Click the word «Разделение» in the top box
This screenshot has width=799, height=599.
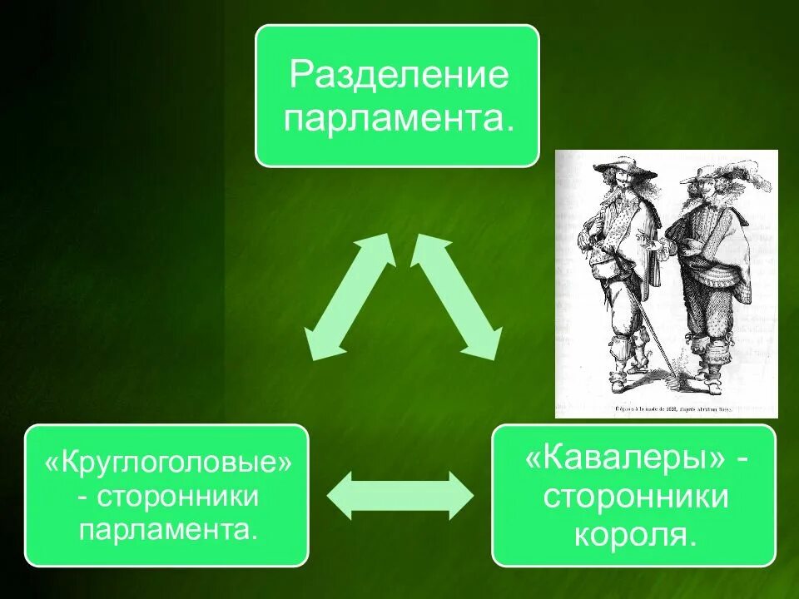tap(397, 77)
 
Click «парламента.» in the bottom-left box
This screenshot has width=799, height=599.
tap(167, 530)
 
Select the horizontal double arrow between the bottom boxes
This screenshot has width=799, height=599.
tap(400, 496)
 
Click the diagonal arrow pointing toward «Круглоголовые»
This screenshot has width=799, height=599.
tap(348, 297)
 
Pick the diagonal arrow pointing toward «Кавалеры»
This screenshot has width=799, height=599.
tap(456, 297)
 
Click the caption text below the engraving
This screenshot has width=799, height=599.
tap(666, 408)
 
